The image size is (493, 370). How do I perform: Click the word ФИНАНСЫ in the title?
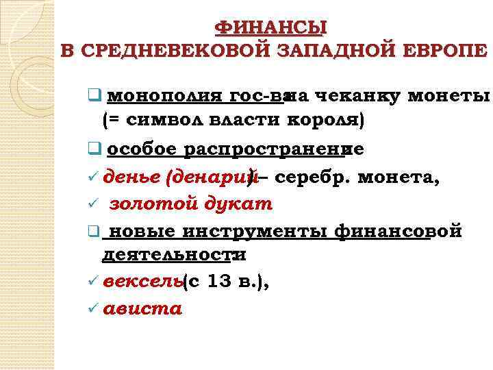click(x=271, y=27)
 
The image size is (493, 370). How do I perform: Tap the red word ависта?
click(x=142, y=309)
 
